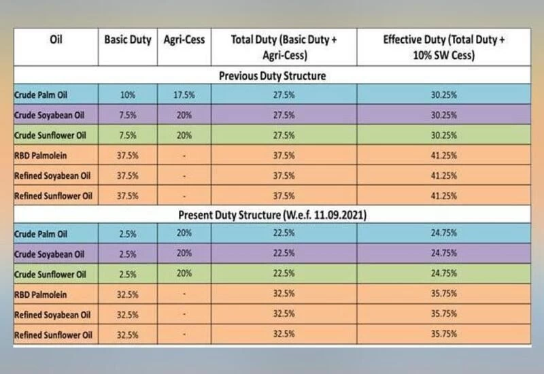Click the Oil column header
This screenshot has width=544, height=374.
pos(57,39)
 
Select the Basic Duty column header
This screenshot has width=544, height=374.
pos(128,39)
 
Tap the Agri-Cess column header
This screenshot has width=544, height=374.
pos(184,39)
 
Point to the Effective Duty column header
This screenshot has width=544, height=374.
pos(443,47)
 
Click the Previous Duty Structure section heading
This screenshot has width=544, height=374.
pos(272,76)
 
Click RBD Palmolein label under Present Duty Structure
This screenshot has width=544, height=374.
pos(42,296)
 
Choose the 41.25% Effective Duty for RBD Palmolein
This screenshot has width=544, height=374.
pos(443,156)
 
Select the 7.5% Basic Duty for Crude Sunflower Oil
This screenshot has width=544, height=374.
pos(128,135)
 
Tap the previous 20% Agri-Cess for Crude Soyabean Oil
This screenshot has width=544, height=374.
pos(184,115)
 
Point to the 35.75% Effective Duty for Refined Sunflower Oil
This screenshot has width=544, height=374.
pos(443,335)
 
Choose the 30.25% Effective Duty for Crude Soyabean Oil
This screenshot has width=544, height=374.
pos(443,115)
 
